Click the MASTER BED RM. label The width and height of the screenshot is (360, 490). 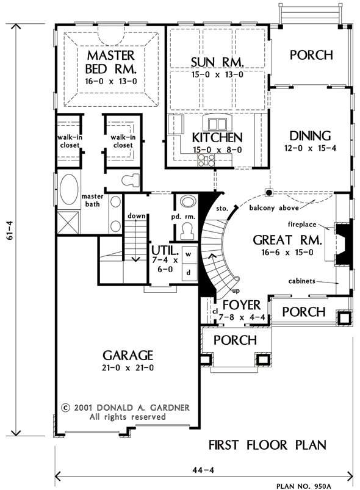(x=111, y=62)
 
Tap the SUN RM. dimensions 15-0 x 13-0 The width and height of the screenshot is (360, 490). (x=217, y=74)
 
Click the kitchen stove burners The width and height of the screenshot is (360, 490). (x=206, y=160)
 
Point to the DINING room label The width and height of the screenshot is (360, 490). (x=310, y=136)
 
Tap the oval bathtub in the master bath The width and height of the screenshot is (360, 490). (x=69, y=190)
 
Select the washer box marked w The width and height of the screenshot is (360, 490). (x=189, y=254)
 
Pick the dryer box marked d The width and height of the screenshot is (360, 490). (x=189, y=272)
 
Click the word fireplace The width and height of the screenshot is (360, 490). (x=302, y=225)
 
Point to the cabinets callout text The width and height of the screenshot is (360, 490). (x=301, y=281)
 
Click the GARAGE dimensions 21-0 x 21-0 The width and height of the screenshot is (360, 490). (x=128, y=368)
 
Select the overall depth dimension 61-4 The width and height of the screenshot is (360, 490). (x=10, y=230)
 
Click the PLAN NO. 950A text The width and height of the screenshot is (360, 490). (x=303, y=486)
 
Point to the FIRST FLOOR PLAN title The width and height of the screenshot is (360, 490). (x=267, y=445)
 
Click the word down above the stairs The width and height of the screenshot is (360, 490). (x=137, y=216)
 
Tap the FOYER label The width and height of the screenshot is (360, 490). (x=242, y=305)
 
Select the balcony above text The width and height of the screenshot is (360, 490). (x=274, y=208)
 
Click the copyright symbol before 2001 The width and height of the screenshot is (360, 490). (x=65, y=408)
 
